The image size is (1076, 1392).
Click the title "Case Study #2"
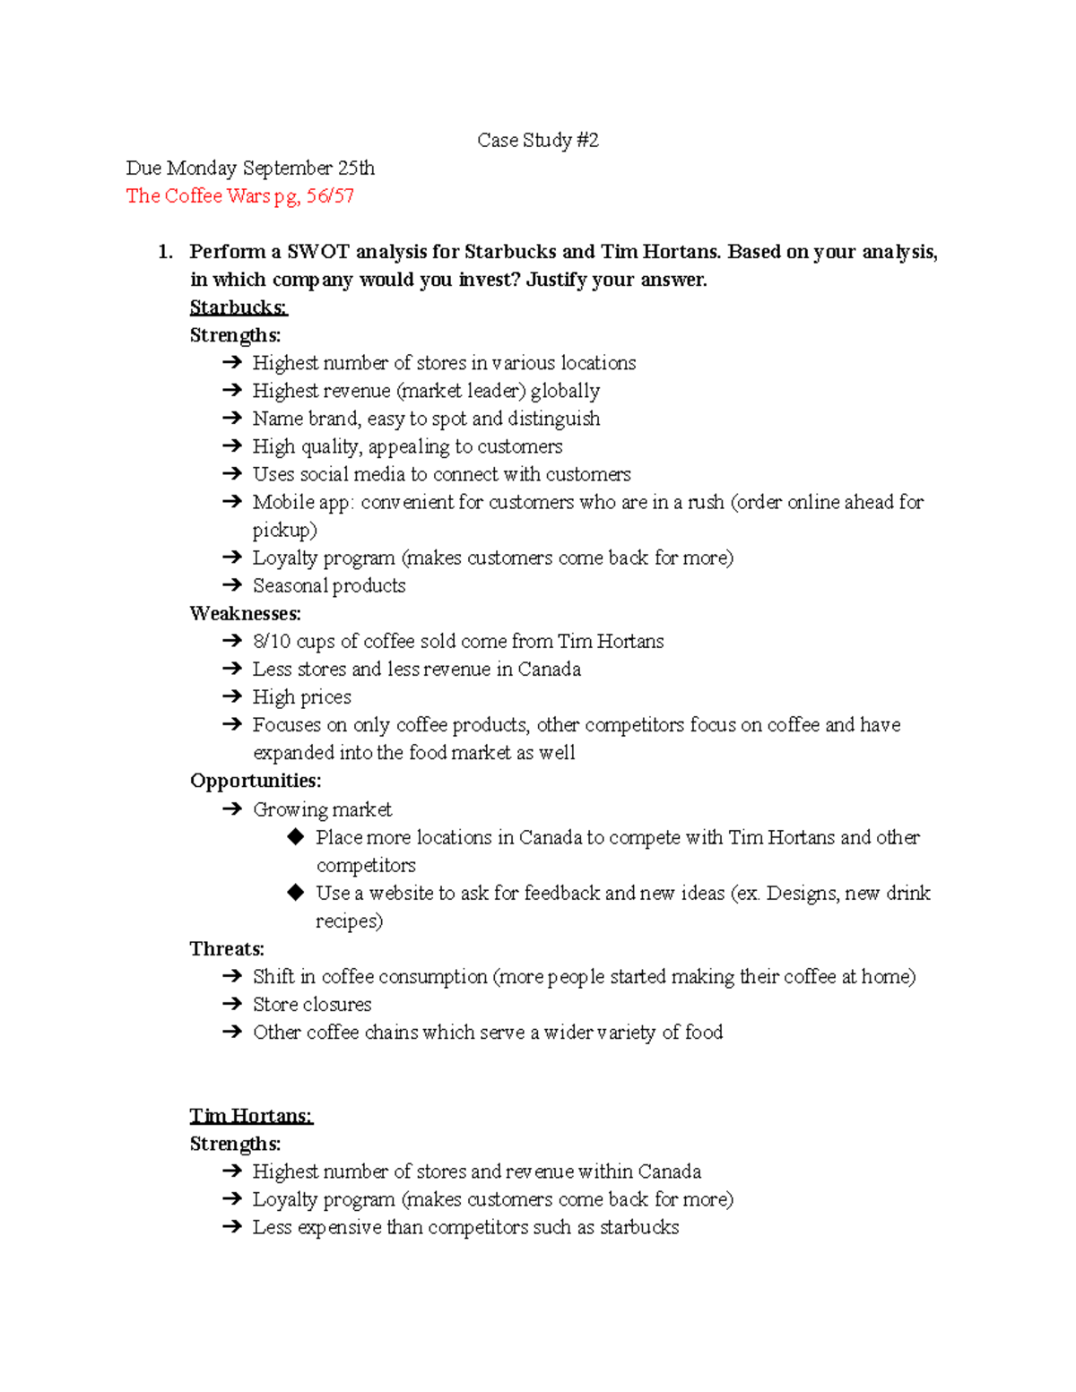click(537, 140)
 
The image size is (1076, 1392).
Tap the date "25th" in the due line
click(356, 168)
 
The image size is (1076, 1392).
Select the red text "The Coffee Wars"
click(197, 195)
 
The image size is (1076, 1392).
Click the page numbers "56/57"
click(330, 195)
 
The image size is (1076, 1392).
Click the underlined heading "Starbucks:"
click(238, 307)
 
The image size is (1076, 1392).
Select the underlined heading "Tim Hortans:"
click(250, 1116)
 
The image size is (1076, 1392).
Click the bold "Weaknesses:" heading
click(245, 613)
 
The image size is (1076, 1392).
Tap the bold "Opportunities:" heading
click(255, 781)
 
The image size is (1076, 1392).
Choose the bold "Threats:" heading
click(226, 948)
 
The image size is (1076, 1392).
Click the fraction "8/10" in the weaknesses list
click(272, 641)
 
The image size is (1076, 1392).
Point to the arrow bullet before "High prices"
click(232, 696)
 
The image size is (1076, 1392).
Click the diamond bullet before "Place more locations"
click(296, 837)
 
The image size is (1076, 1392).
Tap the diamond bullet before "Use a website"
click(296, 893)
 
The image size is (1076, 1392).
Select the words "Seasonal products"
click(328, 585)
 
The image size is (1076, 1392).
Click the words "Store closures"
click(311, 1004)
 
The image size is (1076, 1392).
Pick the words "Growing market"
click(322, 809)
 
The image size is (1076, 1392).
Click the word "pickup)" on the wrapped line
click(284, 530)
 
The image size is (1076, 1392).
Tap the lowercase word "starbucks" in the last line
click(638, 1227)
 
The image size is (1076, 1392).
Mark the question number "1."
click(165, 252)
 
